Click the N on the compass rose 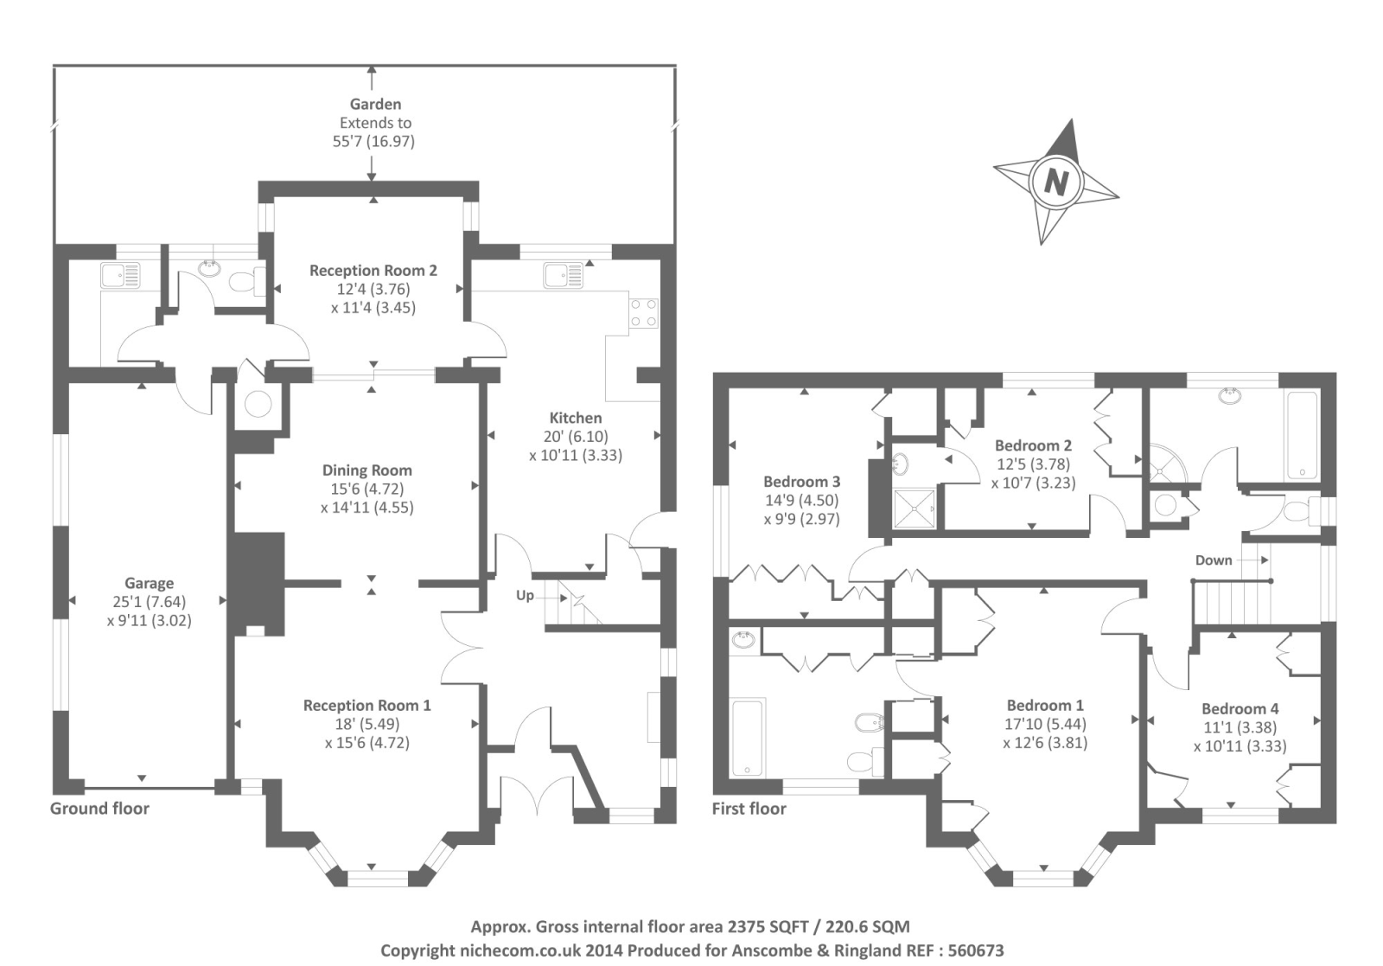pos(1055,182)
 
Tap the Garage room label pos(149,583)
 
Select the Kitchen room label pos(576,418)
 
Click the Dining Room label pos(367,470)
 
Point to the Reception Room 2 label pos(373,271)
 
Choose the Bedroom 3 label pos(802,482)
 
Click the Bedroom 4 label pos(1240,709)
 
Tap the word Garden pos(375,105)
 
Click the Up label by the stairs pos(525,595)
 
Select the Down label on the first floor pos(1214,560)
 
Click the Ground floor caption pos(99,809)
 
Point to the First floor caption pos(749,809)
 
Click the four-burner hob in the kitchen pos(643,313)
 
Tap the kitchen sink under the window pos(564,276)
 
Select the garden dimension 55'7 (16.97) pos(373,142)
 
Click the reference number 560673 pos(976,950)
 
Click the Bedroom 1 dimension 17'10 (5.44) pos(1045,724)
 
